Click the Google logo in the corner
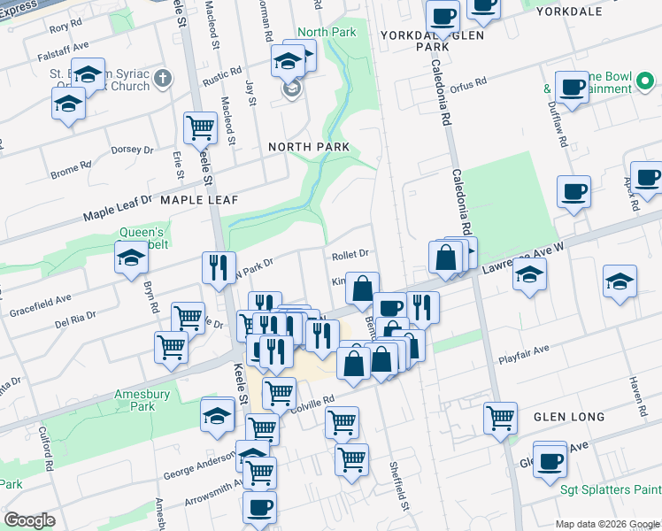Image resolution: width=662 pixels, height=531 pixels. click(x=29, y=520)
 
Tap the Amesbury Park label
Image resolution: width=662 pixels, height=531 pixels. click(x=135, y=400)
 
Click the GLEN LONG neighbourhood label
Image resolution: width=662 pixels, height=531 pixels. click(x=568, y=416)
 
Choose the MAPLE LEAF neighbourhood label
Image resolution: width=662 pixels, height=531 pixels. click(x=199, y=200)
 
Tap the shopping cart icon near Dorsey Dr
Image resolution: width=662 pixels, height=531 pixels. click(x=201, y=127)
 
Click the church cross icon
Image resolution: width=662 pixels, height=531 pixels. click(x=162, y=80)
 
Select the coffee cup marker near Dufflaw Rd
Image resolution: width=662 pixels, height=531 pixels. click(x=573, y=88)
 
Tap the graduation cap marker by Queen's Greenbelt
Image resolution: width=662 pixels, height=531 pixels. click(x=131, y=258)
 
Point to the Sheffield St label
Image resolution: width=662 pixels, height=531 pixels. click(x=399, y=488)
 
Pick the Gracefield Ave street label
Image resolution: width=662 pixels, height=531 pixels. click(x=40, y=306)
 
